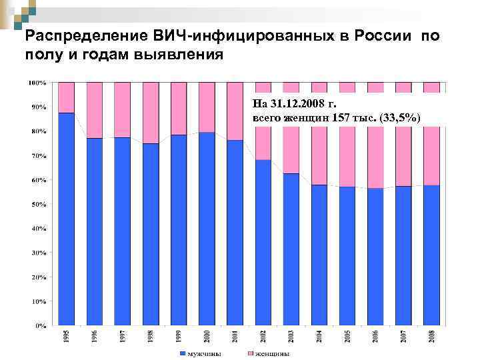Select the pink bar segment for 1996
[95, 110]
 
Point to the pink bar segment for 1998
[151, 113]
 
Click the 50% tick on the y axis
[37, 204]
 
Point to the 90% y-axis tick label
[37, 107]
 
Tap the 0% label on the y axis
[39, 326]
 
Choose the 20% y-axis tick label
[37, 277]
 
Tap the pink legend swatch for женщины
[251, 353]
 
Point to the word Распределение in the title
[74, 35]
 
